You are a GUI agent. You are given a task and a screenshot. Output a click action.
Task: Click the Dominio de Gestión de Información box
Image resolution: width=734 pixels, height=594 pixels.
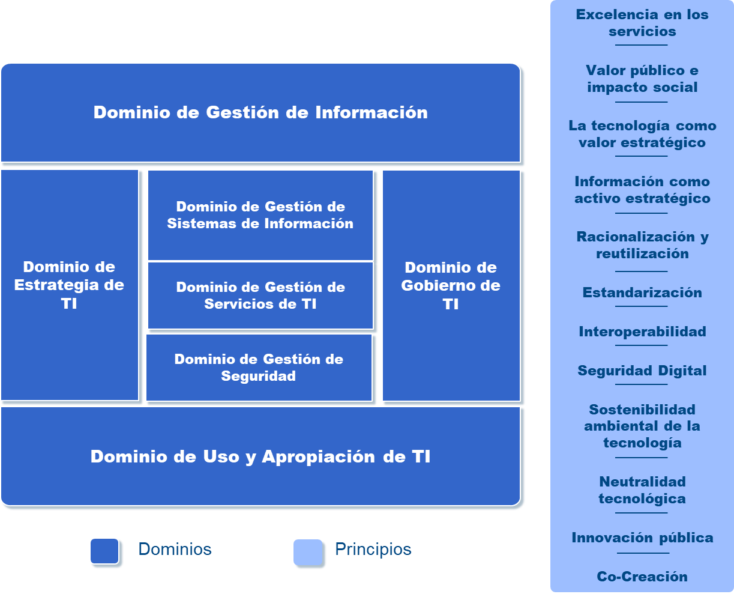[260, 112]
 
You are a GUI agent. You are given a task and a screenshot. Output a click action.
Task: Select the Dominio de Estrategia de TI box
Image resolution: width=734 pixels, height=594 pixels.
[70, 285]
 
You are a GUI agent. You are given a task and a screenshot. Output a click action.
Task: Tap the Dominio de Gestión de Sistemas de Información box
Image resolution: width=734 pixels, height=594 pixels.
[260, 215]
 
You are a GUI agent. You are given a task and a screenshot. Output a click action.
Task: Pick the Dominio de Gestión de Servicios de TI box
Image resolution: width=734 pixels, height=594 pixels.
[260, 295]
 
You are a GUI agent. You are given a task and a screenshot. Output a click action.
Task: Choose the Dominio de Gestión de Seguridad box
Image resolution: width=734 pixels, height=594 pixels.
[259, 368]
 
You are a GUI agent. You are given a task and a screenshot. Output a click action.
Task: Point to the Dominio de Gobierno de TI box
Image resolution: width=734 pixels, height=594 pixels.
[451, 285]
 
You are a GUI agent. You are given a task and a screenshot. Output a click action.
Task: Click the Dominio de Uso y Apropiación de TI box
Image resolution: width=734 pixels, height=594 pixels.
[260, 456]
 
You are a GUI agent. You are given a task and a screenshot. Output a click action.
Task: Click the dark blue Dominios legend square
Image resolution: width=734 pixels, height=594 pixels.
[104, 551]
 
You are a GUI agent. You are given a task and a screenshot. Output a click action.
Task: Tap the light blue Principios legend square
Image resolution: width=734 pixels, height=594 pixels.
[308, 553]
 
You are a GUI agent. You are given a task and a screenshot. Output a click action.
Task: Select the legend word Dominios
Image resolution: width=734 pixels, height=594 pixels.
[175, 549]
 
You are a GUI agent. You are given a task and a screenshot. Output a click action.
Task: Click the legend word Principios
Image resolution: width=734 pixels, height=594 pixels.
[373, 549]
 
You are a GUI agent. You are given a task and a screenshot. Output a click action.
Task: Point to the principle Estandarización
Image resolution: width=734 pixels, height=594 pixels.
[642, 292]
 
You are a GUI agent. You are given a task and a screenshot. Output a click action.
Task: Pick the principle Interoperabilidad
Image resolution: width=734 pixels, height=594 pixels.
[642, 332]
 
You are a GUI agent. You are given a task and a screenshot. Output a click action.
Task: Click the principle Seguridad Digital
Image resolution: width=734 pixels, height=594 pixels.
[642, 371]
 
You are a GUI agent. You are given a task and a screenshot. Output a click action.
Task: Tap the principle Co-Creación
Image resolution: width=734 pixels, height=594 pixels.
[642, 577]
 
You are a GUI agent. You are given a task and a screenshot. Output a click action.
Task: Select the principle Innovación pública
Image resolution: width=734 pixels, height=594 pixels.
[642, 538]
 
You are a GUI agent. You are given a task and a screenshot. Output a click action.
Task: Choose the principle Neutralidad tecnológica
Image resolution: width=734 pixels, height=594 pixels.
[642, 490]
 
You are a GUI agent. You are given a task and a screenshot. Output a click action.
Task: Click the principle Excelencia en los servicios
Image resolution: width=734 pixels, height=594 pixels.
[642, 23]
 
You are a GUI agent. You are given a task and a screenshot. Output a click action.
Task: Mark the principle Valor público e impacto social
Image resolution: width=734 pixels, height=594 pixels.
[642, 79]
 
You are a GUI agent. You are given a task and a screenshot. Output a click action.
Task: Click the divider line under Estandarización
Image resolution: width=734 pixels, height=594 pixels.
[642, 306]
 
